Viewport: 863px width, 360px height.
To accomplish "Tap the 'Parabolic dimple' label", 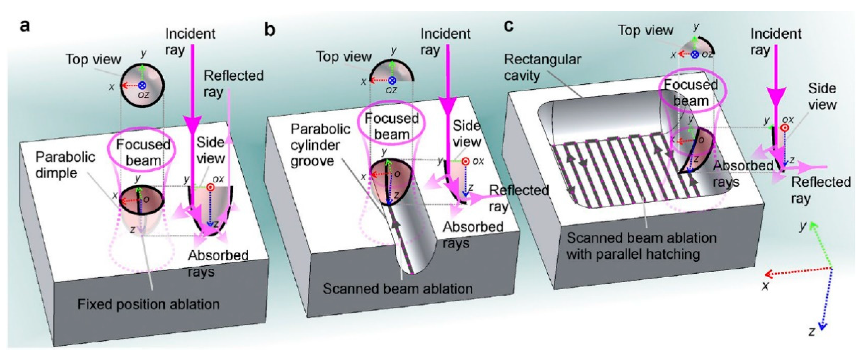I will click(x=65, y=165).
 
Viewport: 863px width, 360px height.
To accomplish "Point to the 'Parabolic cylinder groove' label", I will click(x=320, y=145).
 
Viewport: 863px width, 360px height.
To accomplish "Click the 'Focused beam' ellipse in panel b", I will click(x=391, y=126).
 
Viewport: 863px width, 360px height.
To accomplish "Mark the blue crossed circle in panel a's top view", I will click(x=142, y=85).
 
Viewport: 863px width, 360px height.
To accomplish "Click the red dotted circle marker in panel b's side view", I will click(x=465, y=161).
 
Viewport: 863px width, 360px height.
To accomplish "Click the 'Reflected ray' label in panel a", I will click(x=233, y=83).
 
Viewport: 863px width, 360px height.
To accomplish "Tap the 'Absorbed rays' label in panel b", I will click(x=473, y=235).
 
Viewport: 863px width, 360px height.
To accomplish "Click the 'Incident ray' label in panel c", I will click(x=775, y=42).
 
